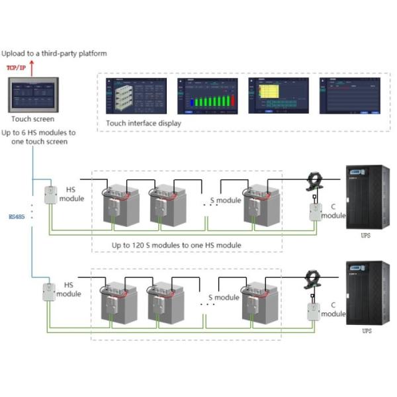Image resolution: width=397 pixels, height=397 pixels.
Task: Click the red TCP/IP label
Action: [16, 67]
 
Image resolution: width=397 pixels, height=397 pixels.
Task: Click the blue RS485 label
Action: [15, 215]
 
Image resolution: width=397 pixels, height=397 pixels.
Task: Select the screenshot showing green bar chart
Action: [207, 97]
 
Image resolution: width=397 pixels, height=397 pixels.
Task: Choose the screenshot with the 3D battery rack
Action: [135, 97]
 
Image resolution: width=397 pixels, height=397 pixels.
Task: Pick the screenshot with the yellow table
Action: [278, 97]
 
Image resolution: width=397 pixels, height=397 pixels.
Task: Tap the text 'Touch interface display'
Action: [144, 123]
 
